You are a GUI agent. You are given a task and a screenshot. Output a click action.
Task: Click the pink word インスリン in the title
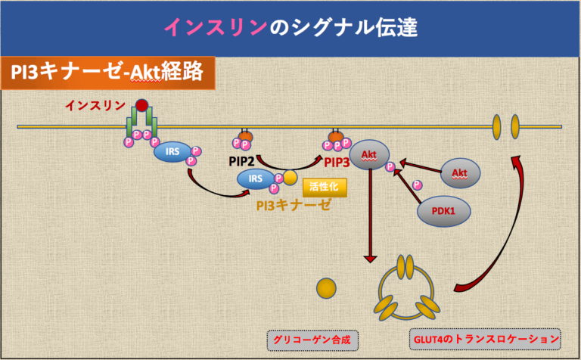[216, 27]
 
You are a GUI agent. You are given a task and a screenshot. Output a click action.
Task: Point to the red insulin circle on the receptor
[141, 107]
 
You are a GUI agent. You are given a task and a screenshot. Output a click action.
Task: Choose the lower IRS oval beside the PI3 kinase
[255, 178]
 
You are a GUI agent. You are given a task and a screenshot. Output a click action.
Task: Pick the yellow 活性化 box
[324, 185]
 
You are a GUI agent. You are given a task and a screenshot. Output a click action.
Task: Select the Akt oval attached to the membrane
[369, 154]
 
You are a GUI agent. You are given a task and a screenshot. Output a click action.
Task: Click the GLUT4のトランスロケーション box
[485, 340]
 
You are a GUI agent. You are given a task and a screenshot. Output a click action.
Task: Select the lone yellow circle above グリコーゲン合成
[326, 287]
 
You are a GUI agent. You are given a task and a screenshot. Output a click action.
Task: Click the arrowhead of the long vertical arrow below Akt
[370, 259]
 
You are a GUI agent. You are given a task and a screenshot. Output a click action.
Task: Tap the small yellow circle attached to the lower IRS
[290, 178]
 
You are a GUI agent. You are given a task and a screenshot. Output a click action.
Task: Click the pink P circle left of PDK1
[417, 184]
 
